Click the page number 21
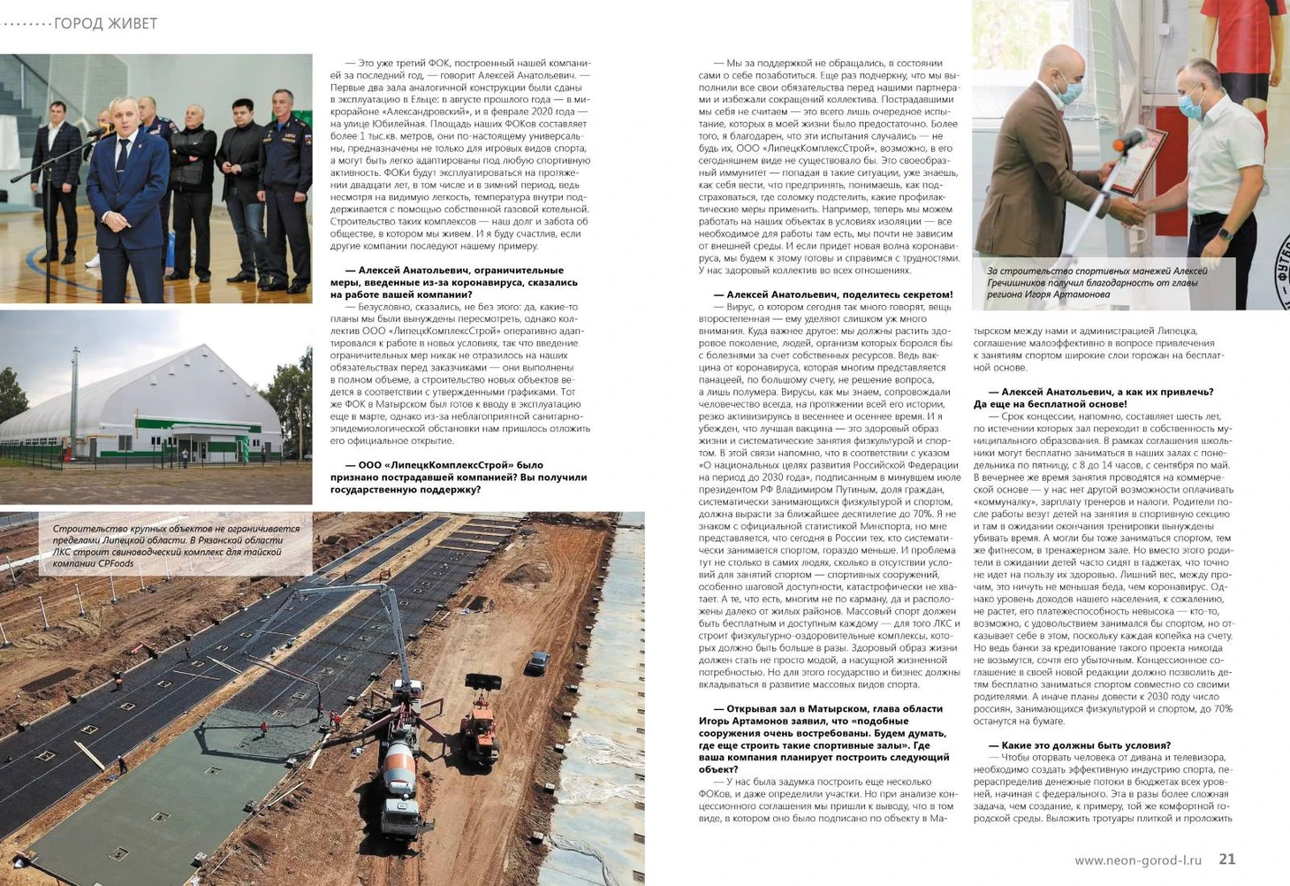click(1226, 859)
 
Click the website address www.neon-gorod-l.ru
click(1138, 859)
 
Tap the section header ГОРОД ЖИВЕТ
click(105, 24)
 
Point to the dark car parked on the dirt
click(537, 661)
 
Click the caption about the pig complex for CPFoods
click(176, 546)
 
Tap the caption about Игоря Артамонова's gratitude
click(1096, 282)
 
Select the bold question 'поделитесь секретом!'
click(832, 294)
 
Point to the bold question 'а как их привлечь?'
click(1096, 397)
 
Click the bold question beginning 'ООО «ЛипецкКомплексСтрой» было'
click(459, 477)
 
